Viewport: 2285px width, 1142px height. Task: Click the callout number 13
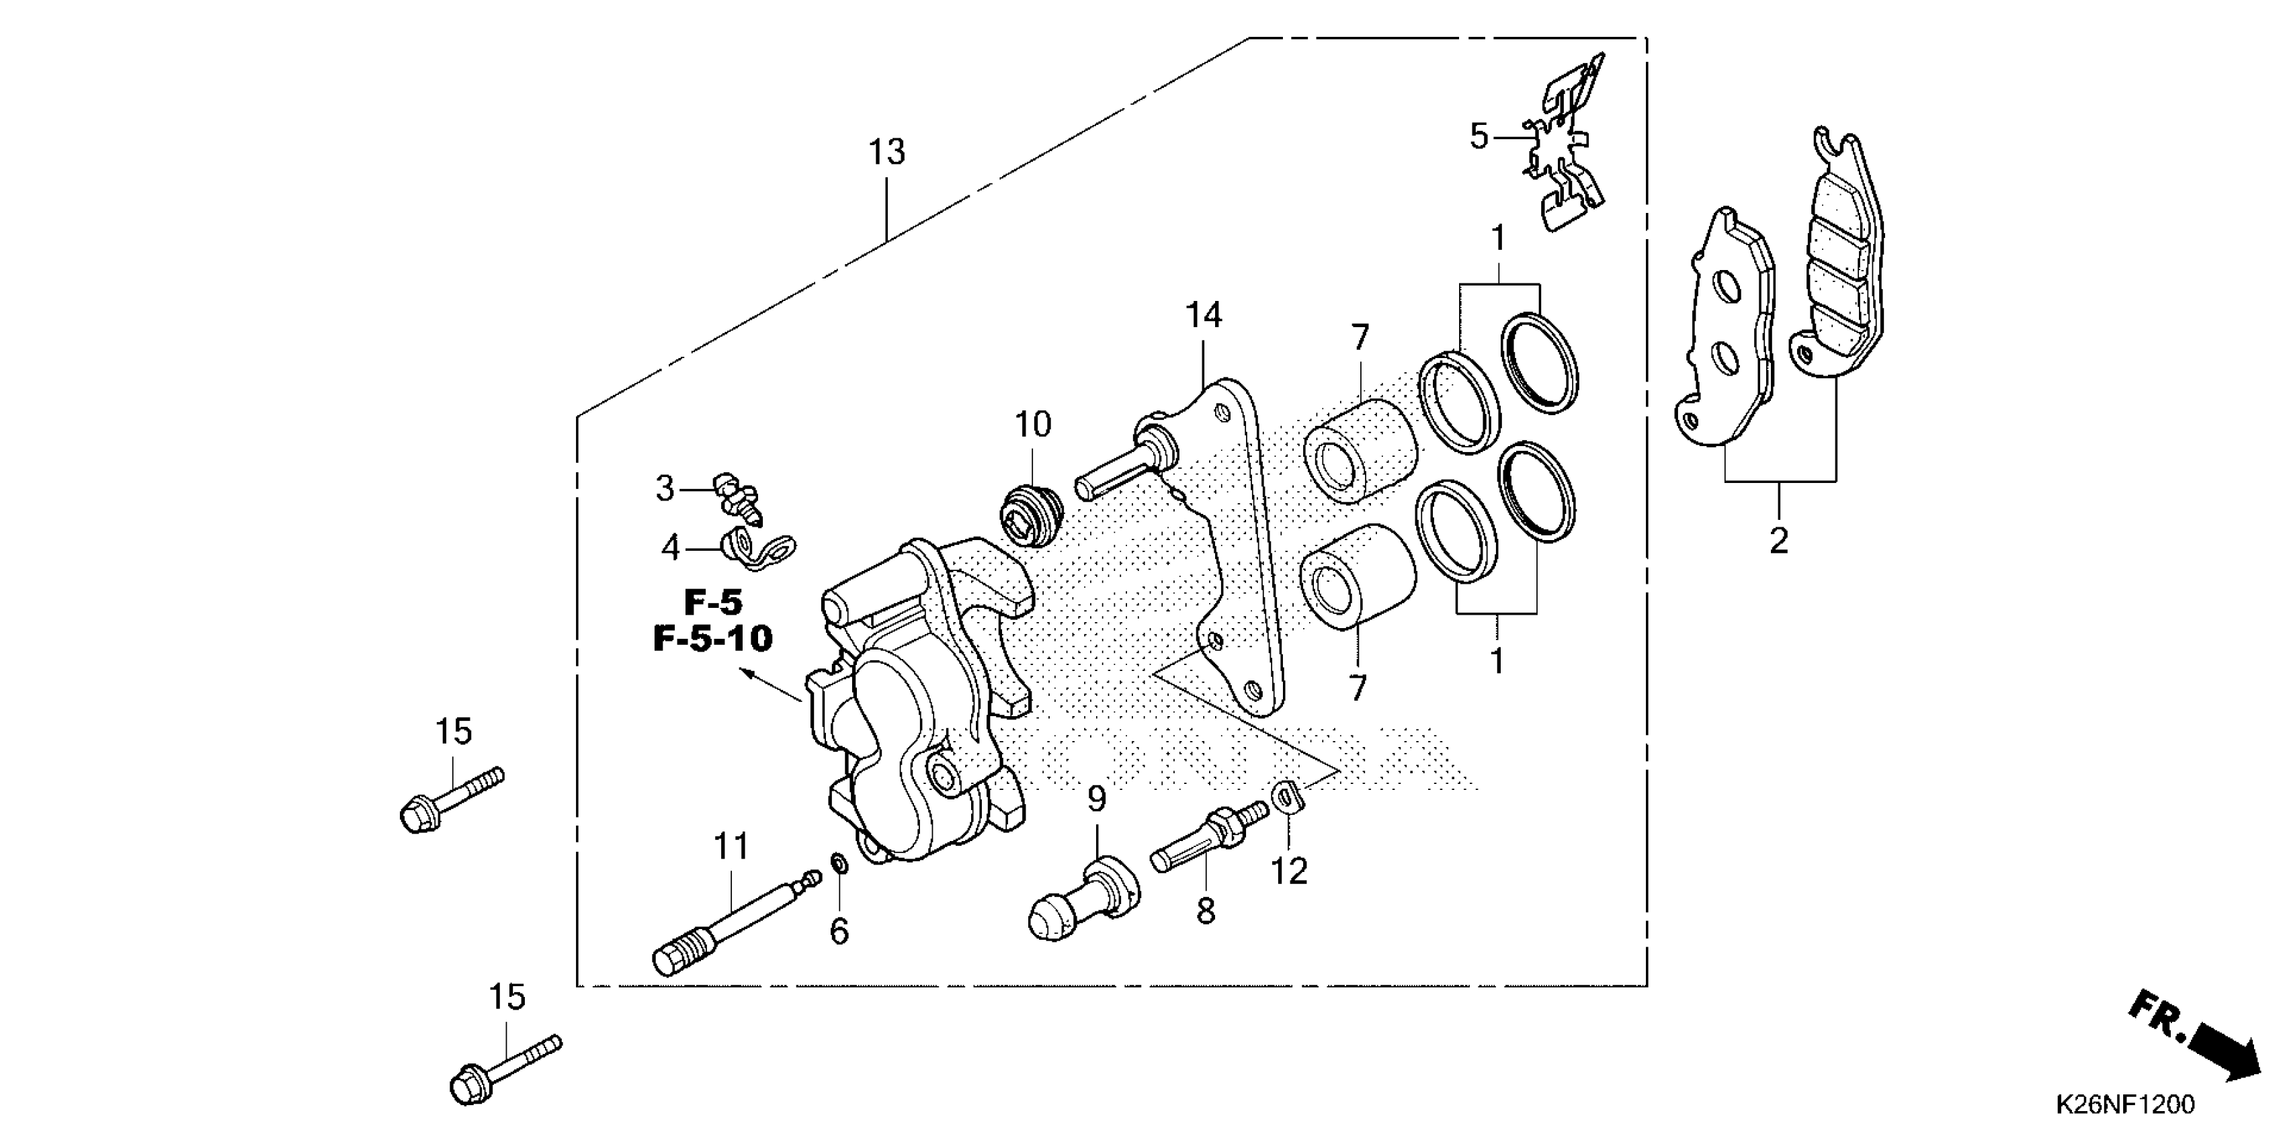pyautogui.click(x=886, y=152)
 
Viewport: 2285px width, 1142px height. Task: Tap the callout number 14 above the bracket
pyautogui.click(x=1204, y=315)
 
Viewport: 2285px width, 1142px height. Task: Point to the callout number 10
pyautogui.click(x=1032, y=425)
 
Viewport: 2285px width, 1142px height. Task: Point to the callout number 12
pyautogui.click(x=1289, y=871)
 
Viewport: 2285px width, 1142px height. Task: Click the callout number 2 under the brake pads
pyautogui.click(x=1778, y=541)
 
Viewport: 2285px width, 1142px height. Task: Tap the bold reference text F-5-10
pyautogui.click(x=713, y=638)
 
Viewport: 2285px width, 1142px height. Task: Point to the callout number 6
pyautogui.click(x=838, y=931)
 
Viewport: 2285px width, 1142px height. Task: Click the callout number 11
pyautogui.click(x=732, y=846)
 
